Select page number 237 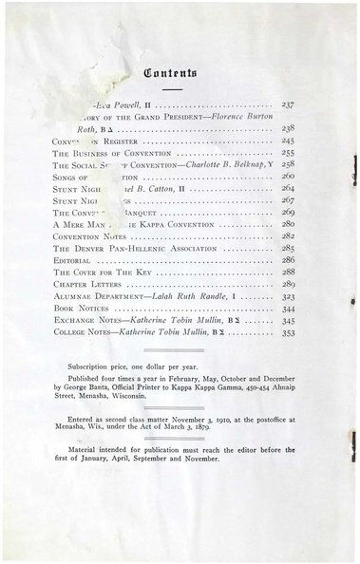(x=290, y=103)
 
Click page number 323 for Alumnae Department (x=290, y=296)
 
